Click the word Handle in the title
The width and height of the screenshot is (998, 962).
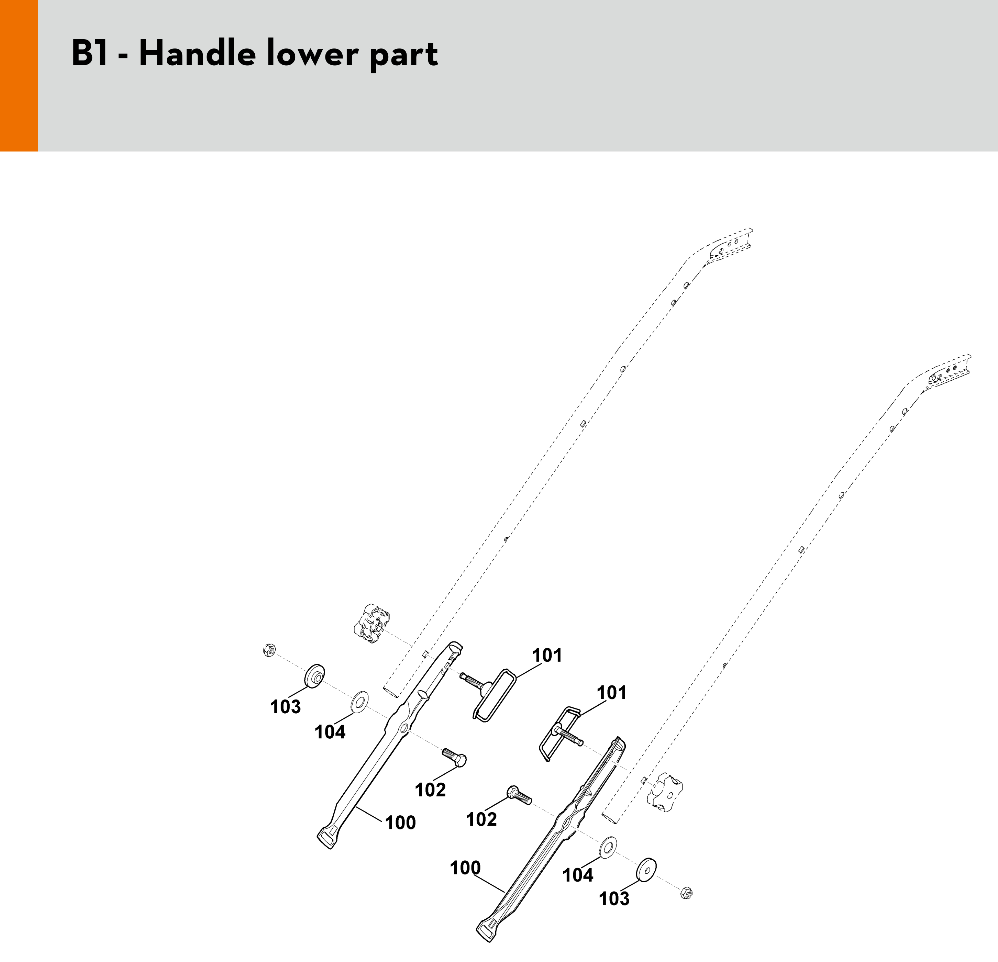click(196, 54)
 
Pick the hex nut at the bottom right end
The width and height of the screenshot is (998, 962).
click(686, 893)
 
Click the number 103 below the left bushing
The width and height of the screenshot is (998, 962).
click(285, 706)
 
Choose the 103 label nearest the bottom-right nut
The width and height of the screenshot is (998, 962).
click(614, 898)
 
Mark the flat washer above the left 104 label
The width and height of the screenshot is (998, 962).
click(360, 702)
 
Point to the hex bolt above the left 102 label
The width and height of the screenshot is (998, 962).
click(454, 758)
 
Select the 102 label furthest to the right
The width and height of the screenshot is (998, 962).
click(481, 819)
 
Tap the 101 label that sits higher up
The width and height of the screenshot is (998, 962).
click(547, 655)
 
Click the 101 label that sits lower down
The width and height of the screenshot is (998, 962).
click(611, 692)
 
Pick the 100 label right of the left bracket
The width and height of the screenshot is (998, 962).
click(400, 823)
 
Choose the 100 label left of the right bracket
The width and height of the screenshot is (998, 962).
click(465, 868)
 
